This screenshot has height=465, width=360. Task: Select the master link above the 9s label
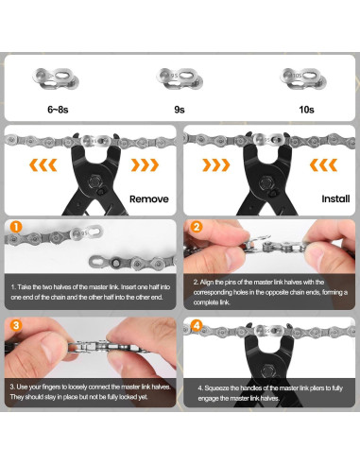180,74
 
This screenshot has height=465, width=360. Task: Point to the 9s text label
180,110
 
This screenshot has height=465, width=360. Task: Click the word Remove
149,200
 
